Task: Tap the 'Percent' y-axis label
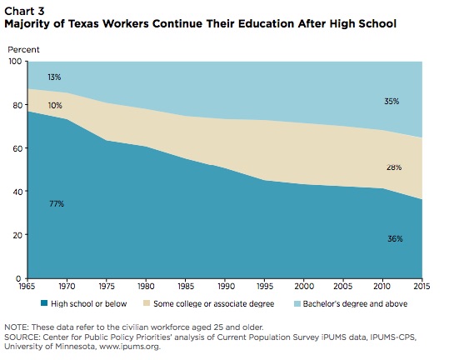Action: click(23, 50)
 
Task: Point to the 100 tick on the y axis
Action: click(16, 62)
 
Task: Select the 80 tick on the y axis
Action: click(17, 106)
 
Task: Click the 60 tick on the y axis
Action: click(17, 149)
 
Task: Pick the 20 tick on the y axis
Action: click(17, 235)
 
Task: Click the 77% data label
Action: click(57, 203)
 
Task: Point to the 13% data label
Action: click(53, 76)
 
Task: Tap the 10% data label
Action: click(55, 105)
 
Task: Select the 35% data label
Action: click(392, 102)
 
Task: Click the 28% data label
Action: click(394, 167)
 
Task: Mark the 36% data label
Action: click(395, 239)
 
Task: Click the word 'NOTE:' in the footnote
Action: click(18, 327)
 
